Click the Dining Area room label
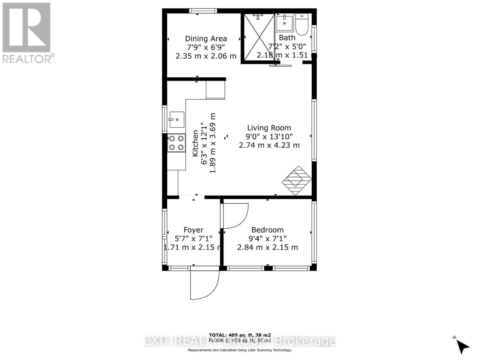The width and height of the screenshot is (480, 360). tap(206, 39)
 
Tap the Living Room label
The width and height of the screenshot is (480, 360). tap(269, 128)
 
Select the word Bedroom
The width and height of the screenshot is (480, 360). tap(267, 230)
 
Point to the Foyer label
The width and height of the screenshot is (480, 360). tap(193, 230)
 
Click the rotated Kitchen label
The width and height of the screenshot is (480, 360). tap(195, 143)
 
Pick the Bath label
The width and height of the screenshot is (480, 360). tap(287, 38)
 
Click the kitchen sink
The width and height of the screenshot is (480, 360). tap(177, 119)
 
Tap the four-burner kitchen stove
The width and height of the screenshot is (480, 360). tap(176, 143)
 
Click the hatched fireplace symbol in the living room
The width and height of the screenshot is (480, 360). tap(296, 180)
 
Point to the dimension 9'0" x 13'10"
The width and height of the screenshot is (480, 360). tap(269, 137)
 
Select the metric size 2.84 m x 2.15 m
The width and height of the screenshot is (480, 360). tap(267, 247)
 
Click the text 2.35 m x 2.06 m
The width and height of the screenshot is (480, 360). tap(206, 56)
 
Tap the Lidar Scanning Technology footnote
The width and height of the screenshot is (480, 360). tap(240, 350)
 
